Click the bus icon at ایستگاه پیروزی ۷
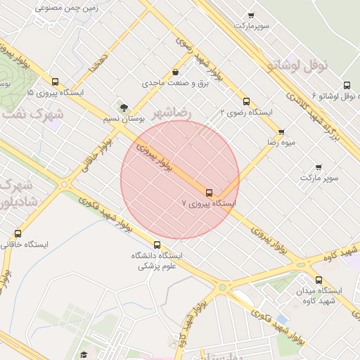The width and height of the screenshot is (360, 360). coord(209,192)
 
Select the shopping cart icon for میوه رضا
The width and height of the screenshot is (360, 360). coord(281,131)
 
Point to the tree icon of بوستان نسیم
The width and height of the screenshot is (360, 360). coord(124,108)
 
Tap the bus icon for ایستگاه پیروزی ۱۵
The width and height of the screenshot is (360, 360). coord(56,82)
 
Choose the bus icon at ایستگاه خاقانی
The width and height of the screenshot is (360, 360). coord(18,233)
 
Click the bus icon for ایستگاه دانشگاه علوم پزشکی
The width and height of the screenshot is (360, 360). coord(157,245)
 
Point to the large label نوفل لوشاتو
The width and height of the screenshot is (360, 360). coord(297,65)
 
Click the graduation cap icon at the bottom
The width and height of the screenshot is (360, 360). coord(84,354)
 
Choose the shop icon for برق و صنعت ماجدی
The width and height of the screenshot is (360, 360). coord(175,72)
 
